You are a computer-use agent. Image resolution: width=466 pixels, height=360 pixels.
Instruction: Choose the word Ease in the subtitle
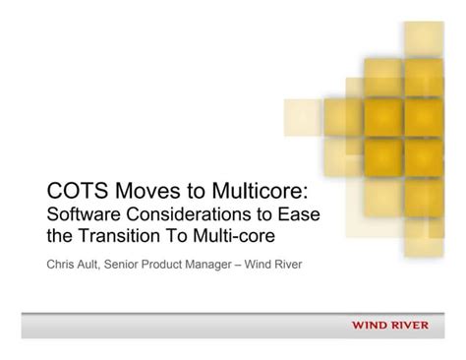pos(303,213)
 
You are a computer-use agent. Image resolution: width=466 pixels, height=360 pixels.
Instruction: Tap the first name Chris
pos(63,264)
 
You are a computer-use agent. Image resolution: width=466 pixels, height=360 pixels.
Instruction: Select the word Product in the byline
pos(188,264)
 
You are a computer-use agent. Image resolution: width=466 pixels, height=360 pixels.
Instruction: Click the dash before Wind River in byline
pos(276,264)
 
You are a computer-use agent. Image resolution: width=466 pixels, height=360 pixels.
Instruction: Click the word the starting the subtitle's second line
pos(60,236)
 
